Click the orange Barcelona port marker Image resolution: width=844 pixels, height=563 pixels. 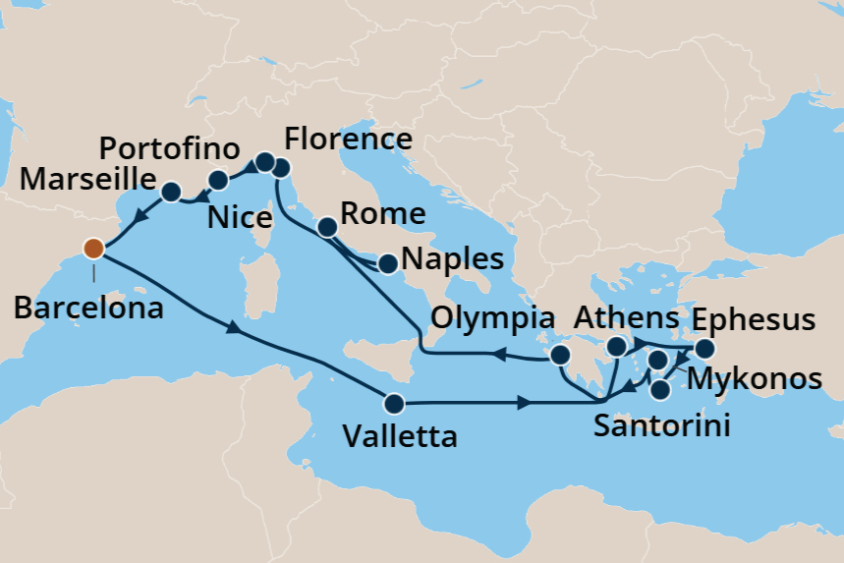(x=93, y=248)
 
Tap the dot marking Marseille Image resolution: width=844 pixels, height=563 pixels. (x=171, y=192)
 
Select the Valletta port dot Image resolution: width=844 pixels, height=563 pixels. (x=394, y=403)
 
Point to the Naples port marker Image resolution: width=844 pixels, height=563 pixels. (x=388, y=263)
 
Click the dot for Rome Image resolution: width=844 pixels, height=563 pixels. (x=327, y=228)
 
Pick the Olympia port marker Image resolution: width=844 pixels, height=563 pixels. (x=560, y=355)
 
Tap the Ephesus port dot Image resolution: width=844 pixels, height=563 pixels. (x=704, y=349)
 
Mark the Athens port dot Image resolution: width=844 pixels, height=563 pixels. (x=617, y=347)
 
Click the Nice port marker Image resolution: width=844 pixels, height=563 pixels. (x=218, y=180)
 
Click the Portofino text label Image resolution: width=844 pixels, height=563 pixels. (x=171, y=150)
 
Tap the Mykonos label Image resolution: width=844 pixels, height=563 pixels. (x=755, y=378)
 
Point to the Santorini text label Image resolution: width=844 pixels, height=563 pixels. (x=662, y=427)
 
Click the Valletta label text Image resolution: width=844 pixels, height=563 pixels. (x=400, y=436)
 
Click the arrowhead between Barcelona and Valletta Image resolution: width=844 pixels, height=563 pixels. (x=234, y=330)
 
